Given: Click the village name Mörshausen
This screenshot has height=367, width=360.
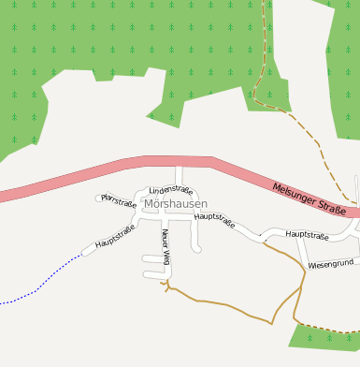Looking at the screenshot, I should tap(177, 203).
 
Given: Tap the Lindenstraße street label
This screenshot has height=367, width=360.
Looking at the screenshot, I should tap(170, 190).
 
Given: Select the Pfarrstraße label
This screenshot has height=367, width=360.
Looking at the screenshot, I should tap(119, 200).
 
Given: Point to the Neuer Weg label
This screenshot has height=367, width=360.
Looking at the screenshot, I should tap(166, 244).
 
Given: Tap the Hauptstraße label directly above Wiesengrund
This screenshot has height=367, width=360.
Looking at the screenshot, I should tap(307, 235).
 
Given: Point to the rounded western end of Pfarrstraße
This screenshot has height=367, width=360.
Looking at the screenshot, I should tap(99, 198).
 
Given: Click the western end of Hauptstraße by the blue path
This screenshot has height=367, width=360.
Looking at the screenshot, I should tap(87, 251).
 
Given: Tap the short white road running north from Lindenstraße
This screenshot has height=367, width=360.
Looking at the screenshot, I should tap(179, 175).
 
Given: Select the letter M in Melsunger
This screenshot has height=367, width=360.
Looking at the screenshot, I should tap(277, 186).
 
